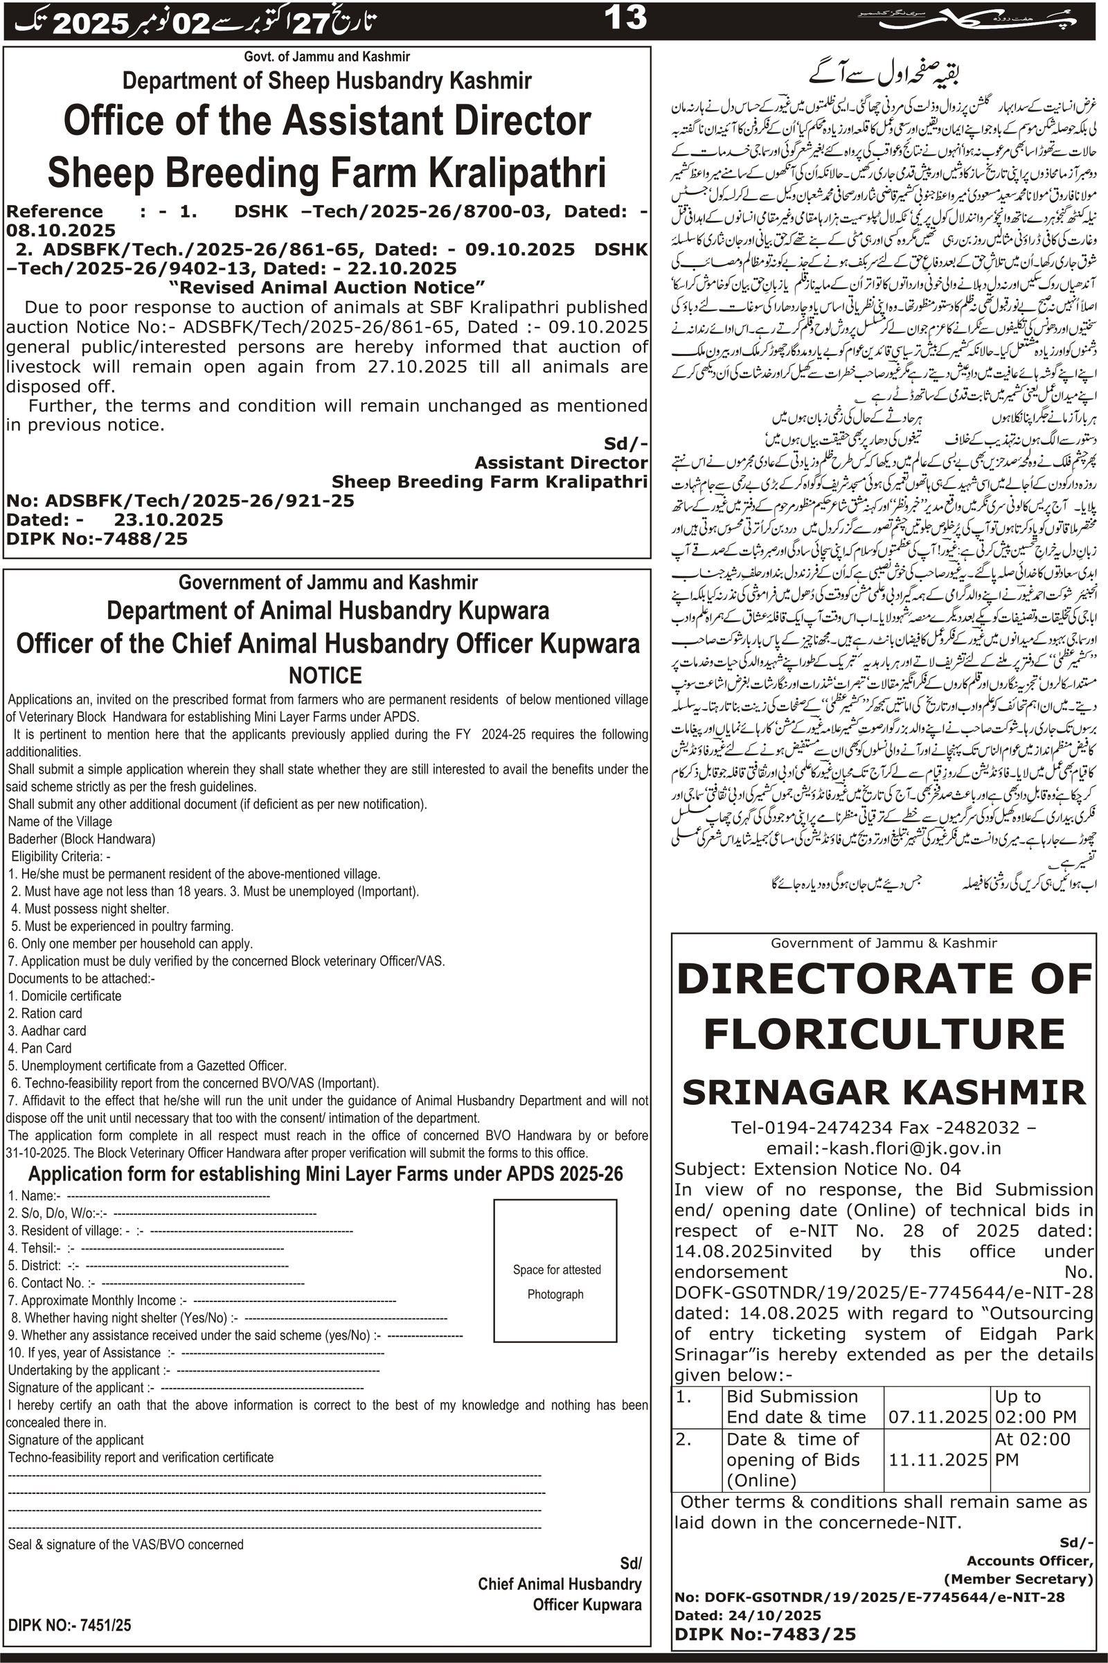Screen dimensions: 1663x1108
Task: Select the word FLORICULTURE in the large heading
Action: (x=884, y=1035)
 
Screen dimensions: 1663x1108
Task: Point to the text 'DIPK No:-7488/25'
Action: (x=98, y=539)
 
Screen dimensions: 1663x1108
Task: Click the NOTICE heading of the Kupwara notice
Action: (x=325, y=676)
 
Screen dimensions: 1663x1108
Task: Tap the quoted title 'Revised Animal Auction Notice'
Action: (x=328, y=287)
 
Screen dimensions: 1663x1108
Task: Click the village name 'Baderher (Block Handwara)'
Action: (x=82, y=839)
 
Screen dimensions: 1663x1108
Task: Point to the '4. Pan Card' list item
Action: (x=39, y=1048)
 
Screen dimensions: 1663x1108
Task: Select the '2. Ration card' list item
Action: (x=45, y=1013)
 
